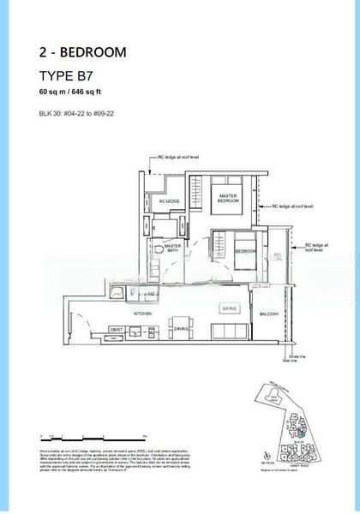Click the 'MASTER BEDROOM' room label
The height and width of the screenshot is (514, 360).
pos(228,198)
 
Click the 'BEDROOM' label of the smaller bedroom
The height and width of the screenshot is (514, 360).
pos(246,251)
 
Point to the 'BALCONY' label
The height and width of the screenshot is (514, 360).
pos(268,315)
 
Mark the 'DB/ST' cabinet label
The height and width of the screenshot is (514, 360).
pos(117,329)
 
